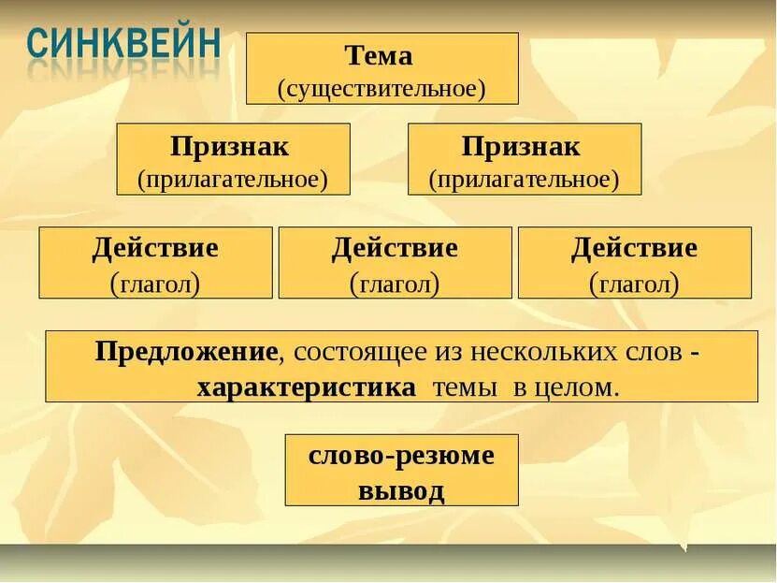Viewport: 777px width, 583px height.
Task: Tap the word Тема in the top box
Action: coord(380,56)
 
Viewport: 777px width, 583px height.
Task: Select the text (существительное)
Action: coord(381,89)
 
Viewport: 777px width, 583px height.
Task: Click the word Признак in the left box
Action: coord(231,147)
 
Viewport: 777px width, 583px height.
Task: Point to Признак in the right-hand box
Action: coord(522,147)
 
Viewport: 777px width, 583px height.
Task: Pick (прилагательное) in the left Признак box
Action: coord(233,179)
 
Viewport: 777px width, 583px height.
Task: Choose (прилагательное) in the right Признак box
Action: coord(524,179)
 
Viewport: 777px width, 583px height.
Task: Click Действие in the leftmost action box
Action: coord(155,249)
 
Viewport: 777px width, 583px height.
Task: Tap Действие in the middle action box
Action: coord(395,249)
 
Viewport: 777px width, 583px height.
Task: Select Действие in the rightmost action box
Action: coord(634,249)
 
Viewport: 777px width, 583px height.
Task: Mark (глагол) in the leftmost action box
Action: coord(155,282)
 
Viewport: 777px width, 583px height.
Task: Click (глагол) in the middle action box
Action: coord(395,282)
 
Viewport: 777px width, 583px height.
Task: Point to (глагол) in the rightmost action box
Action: coord(634,282)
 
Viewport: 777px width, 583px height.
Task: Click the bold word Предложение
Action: coord(187,353)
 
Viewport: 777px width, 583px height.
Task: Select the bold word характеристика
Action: coord(306,387)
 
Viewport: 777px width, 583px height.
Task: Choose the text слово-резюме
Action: coord(402,457)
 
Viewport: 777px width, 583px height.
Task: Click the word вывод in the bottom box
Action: coord(402,490)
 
